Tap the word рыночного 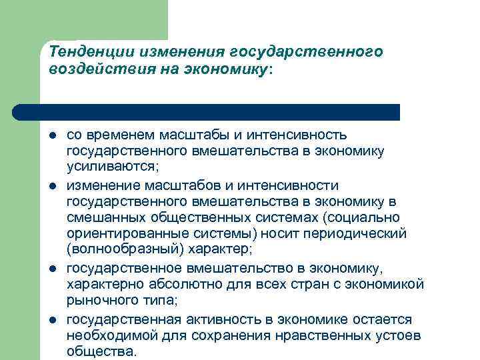coord(101,301)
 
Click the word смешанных coord(101,217)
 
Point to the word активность coord(210,319)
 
